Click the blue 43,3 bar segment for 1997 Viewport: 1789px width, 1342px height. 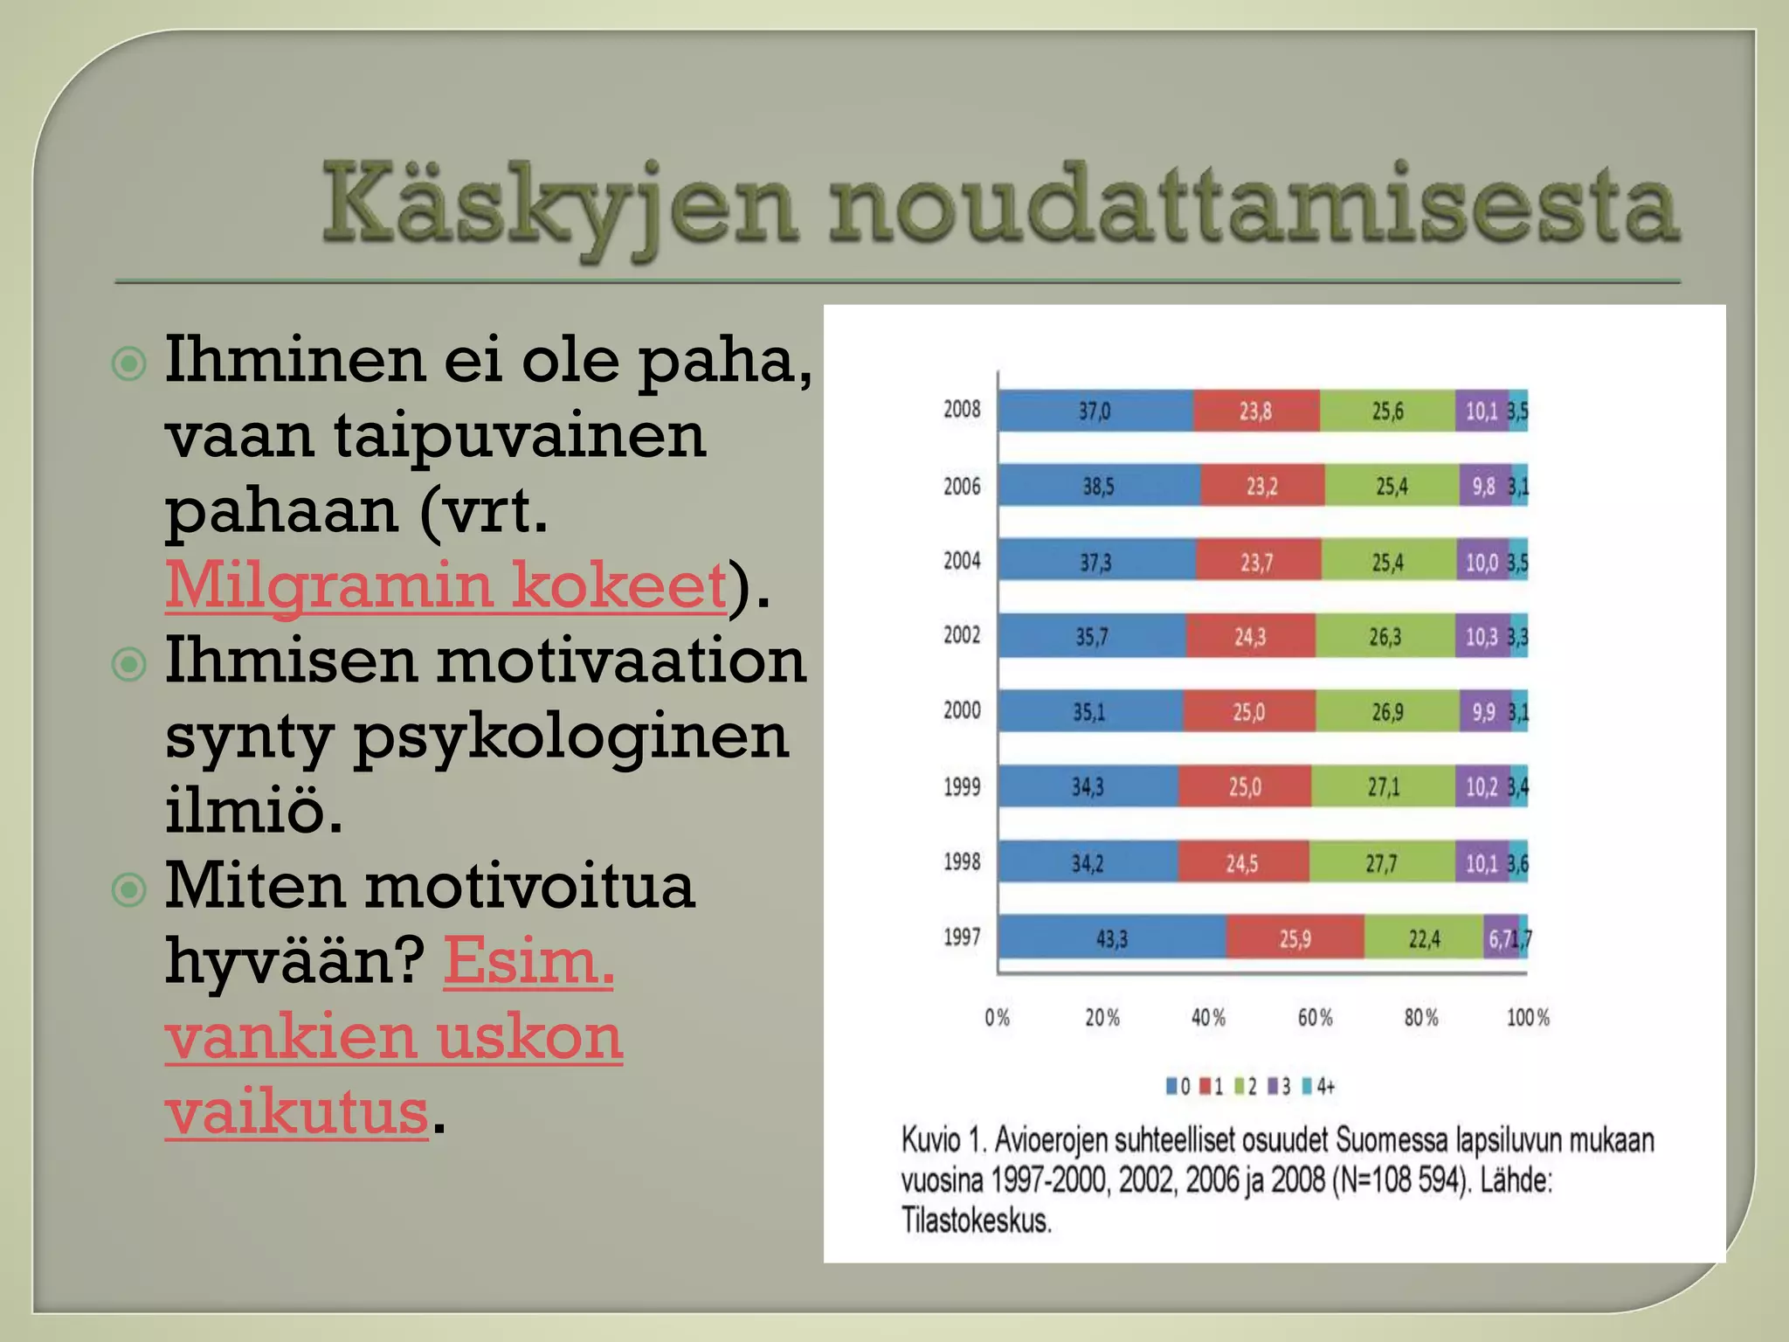(1111, 938)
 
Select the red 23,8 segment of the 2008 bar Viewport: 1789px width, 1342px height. (1255, 411)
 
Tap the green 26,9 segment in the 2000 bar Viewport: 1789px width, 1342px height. (1387, 712)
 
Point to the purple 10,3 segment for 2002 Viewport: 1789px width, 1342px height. (1482, 636)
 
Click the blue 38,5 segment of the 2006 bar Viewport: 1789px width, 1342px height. (1098, 486)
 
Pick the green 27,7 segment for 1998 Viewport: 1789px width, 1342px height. (1381, 863)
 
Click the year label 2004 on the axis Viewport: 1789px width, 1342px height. (962, 560)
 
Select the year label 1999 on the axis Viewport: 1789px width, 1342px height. (962, 786)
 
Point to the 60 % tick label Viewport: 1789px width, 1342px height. (1315, 1018)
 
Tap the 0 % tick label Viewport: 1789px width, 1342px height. (997, 1018)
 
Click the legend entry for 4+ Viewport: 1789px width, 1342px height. (1319, 1087)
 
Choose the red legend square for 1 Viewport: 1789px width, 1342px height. (1205, 1087)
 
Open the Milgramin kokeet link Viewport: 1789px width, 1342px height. (446, 585)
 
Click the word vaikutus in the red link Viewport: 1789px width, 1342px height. (297, 1111)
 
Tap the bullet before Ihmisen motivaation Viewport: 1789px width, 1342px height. (130, 665)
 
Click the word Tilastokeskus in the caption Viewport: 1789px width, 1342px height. (976, 1221)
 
